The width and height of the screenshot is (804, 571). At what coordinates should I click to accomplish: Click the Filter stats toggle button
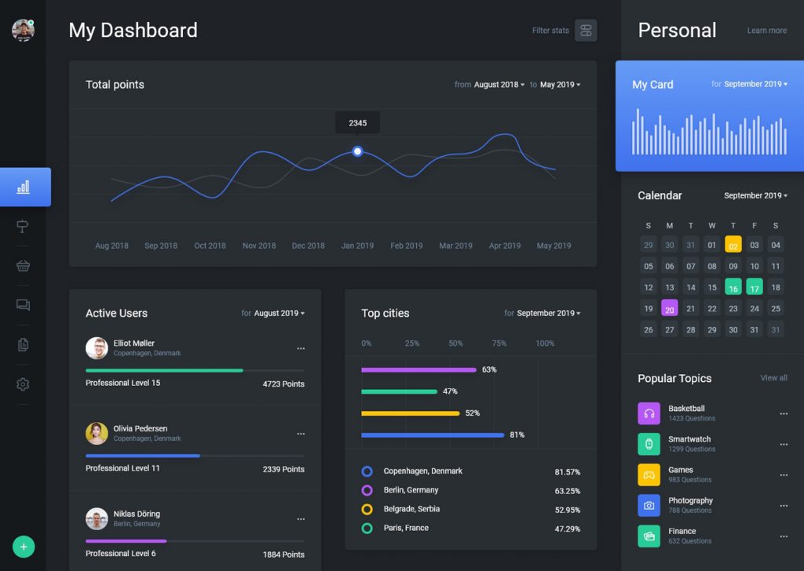(586, 31)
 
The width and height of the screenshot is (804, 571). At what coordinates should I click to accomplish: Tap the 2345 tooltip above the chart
(357, 123)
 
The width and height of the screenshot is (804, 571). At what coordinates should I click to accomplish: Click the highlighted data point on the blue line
(357, 151)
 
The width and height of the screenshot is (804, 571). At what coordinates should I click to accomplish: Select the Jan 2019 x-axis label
(357, 245)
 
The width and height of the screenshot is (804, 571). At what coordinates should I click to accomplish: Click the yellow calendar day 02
(733, 245)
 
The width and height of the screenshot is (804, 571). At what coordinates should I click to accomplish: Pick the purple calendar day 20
(669, 308)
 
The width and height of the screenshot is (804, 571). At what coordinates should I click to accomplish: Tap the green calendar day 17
(754, 287)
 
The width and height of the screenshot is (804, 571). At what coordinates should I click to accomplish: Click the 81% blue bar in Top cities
(433, 435)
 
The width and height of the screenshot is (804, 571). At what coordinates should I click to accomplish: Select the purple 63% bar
(418, 369)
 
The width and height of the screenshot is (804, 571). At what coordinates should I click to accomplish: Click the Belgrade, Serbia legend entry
(411, 509)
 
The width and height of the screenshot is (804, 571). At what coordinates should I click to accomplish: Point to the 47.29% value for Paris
(567, 529)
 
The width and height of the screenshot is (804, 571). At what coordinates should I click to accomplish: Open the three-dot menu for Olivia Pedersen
(301, 434)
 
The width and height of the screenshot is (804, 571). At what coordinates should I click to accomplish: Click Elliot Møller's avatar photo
(97, 348)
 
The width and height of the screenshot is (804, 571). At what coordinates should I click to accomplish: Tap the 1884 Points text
(283, 555)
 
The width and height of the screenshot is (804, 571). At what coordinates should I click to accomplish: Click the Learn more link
(766, 31)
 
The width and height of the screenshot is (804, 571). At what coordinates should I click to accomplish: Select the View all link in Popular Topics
(773, 378)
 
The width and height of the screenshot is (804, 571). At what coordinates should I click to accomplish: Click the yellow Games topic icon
(649, 475)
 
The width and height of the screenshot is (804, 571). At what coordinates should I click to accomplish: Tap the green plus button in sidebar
(24, 547)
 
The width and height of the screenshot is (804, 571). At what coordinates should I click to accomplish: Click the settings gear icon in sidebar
(23, 384)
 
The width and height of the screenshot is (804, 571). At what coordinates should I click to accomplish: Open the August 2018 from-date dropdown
(499, 85)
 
